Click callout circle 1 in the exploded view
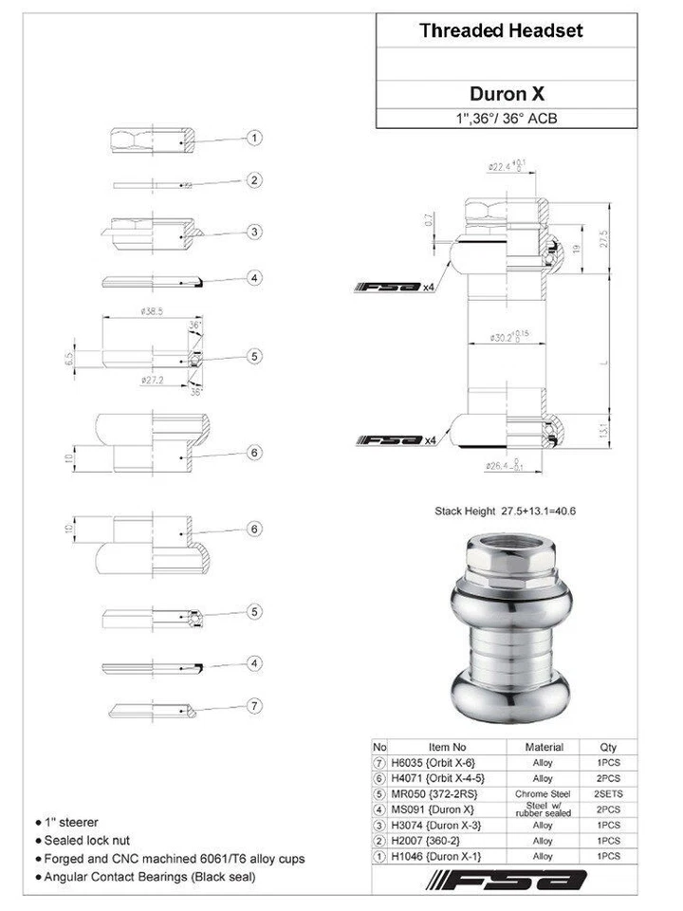click(x=254, y=139)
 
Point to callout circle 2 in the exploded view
click(x=254, y=180)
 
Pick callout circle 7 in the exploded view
click(x=254, y=705)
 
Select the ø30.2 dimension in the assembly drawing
click(x=506, y=337)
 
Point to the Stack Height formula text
click(x=505, y=511)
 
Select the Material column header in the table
click(x=544, y=747)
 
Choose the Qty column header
click(x=608, y=747)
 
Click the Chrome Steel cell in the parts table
click(x=544, y=793)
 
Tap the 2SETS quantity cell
click(x=608, y=793)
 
